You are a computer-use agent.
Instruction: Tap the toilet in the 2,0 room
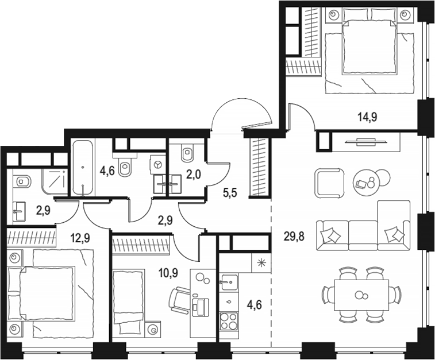tap(187, 153)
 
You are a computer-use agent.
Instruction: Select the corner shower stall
tap(56, 181)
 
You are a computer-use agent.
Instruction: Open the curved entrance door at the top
tap(241, 115)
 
